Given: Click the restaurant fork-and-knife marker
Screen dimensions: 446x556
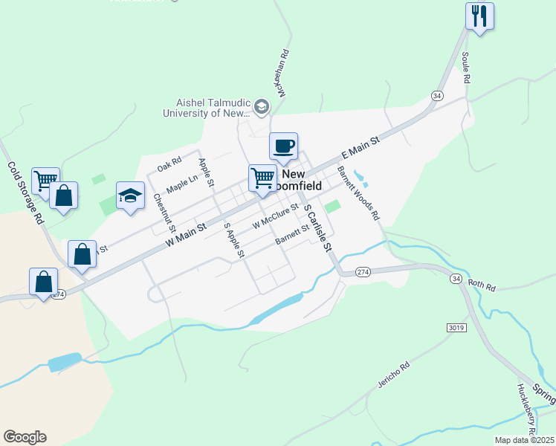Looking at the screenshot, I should click(479, 16).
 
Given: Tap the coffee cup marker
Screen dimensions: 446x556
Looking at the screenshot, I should click(283, 145).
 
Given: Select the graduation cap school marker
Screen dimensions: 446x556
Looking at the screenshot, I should click(130, 195).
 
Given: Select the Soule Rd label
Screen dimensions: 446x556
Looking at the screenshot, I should click(466, 68).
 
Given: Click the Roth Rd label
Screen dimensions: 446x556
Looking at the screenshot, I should click(481, 284).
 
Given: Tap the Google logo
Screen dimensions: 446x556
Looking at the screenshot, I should click(25, 437).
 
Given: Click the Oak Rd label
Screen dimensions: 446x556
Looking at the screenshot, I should click(169, 161).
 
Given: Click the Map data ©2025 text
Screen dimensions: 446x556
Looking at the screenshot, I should click(524, 440).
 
